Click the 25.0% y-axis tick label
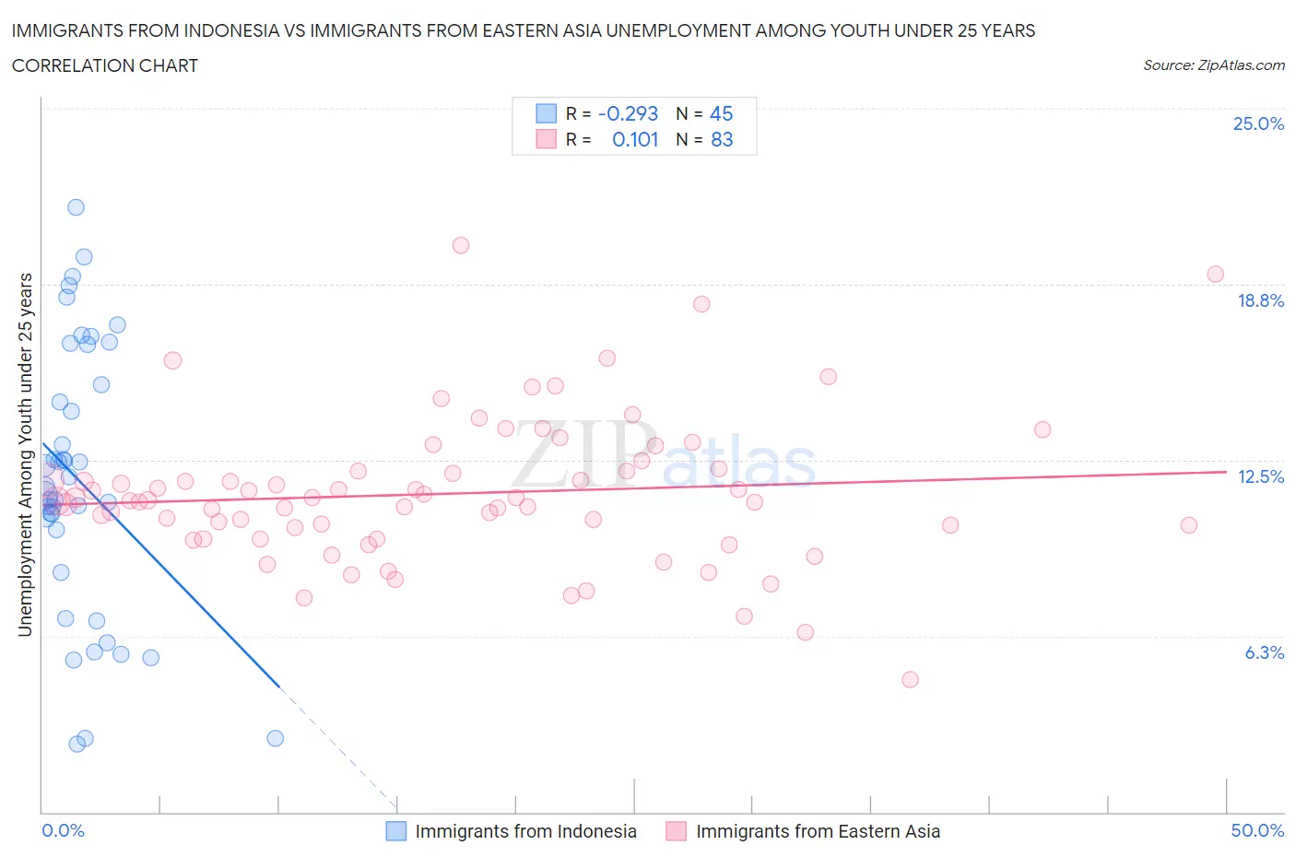point(1258,124)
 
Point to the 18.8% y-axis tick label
point(1260,300)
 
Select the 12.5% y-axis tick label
point(1260,476)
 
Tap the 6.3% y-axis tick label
point(1264,652)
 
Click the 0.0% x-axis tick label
point(64,830)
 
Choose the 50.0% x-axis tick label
point(1257,830)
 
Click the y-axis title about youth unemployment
point(26,454)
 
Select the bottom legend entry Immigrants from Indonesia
point(525,831)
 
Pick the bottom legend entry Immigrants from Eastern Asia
point(818,831)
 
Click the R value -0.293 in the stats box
point(628,113)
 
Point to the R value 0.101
point(635,139)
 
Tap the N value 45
point(721,113)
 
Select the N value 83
point(722,139)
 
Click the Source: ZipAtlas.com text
point(1213,65)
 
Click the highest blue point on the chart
point(77,207)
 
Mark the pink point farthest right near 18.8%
point(1215,274)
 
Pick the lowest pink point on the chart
point(910,679)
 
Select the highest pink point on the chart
point(461,245)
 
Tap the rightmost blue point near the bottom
point(275,738)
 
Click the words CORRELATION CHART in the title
point(105,65)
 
